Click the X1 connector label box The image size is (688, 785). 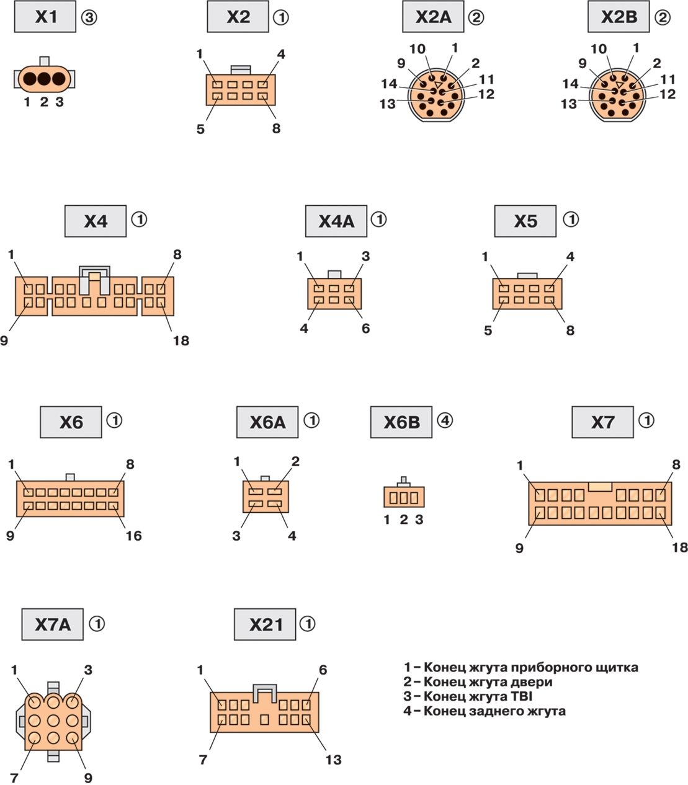(x=45, y=17)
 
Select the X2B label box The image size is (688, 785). (x=619, y=17)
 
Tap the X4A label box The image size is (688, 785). (x=336, y=221)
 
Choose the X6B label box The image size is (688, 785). (x=401, y=422)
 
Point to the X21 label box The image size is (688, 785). (x=266, y=624)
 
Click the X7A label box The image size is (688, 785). (x=53, y=624)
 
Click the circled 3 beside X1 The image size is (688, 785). (x=89, y=17)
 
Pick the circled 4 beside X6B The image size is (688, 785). (x=445, y=420)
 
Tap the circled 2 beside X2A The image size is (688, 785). (x=476, y=17)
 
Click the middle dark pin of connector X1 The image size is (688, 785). (x=43, y=79)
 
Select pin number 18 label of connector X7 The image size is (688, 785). (x=679, y=547)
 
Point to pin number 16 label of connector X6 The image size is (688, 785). (x=133, y=535)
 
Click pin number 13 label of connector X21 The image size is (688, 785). (x=333, y=760)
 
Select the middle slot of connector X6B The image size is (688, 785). (x=404, y=497)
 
